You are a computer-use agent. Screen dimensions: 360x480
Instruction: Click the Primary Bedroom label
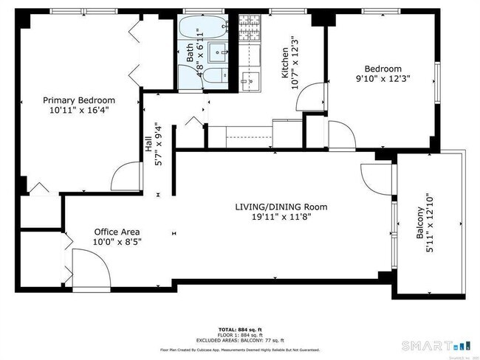point(79,100)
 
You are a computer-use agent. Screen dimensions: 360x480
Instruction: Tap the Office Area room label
point(116,232)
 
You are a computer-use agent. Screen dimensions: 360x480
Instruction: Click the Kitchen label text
point(284,63)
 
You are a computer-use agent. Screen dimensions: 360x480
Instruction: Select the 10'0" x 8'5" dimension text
point(116,241)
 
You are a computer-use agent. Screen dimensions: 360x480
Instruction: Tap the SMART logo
point(433,345)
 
